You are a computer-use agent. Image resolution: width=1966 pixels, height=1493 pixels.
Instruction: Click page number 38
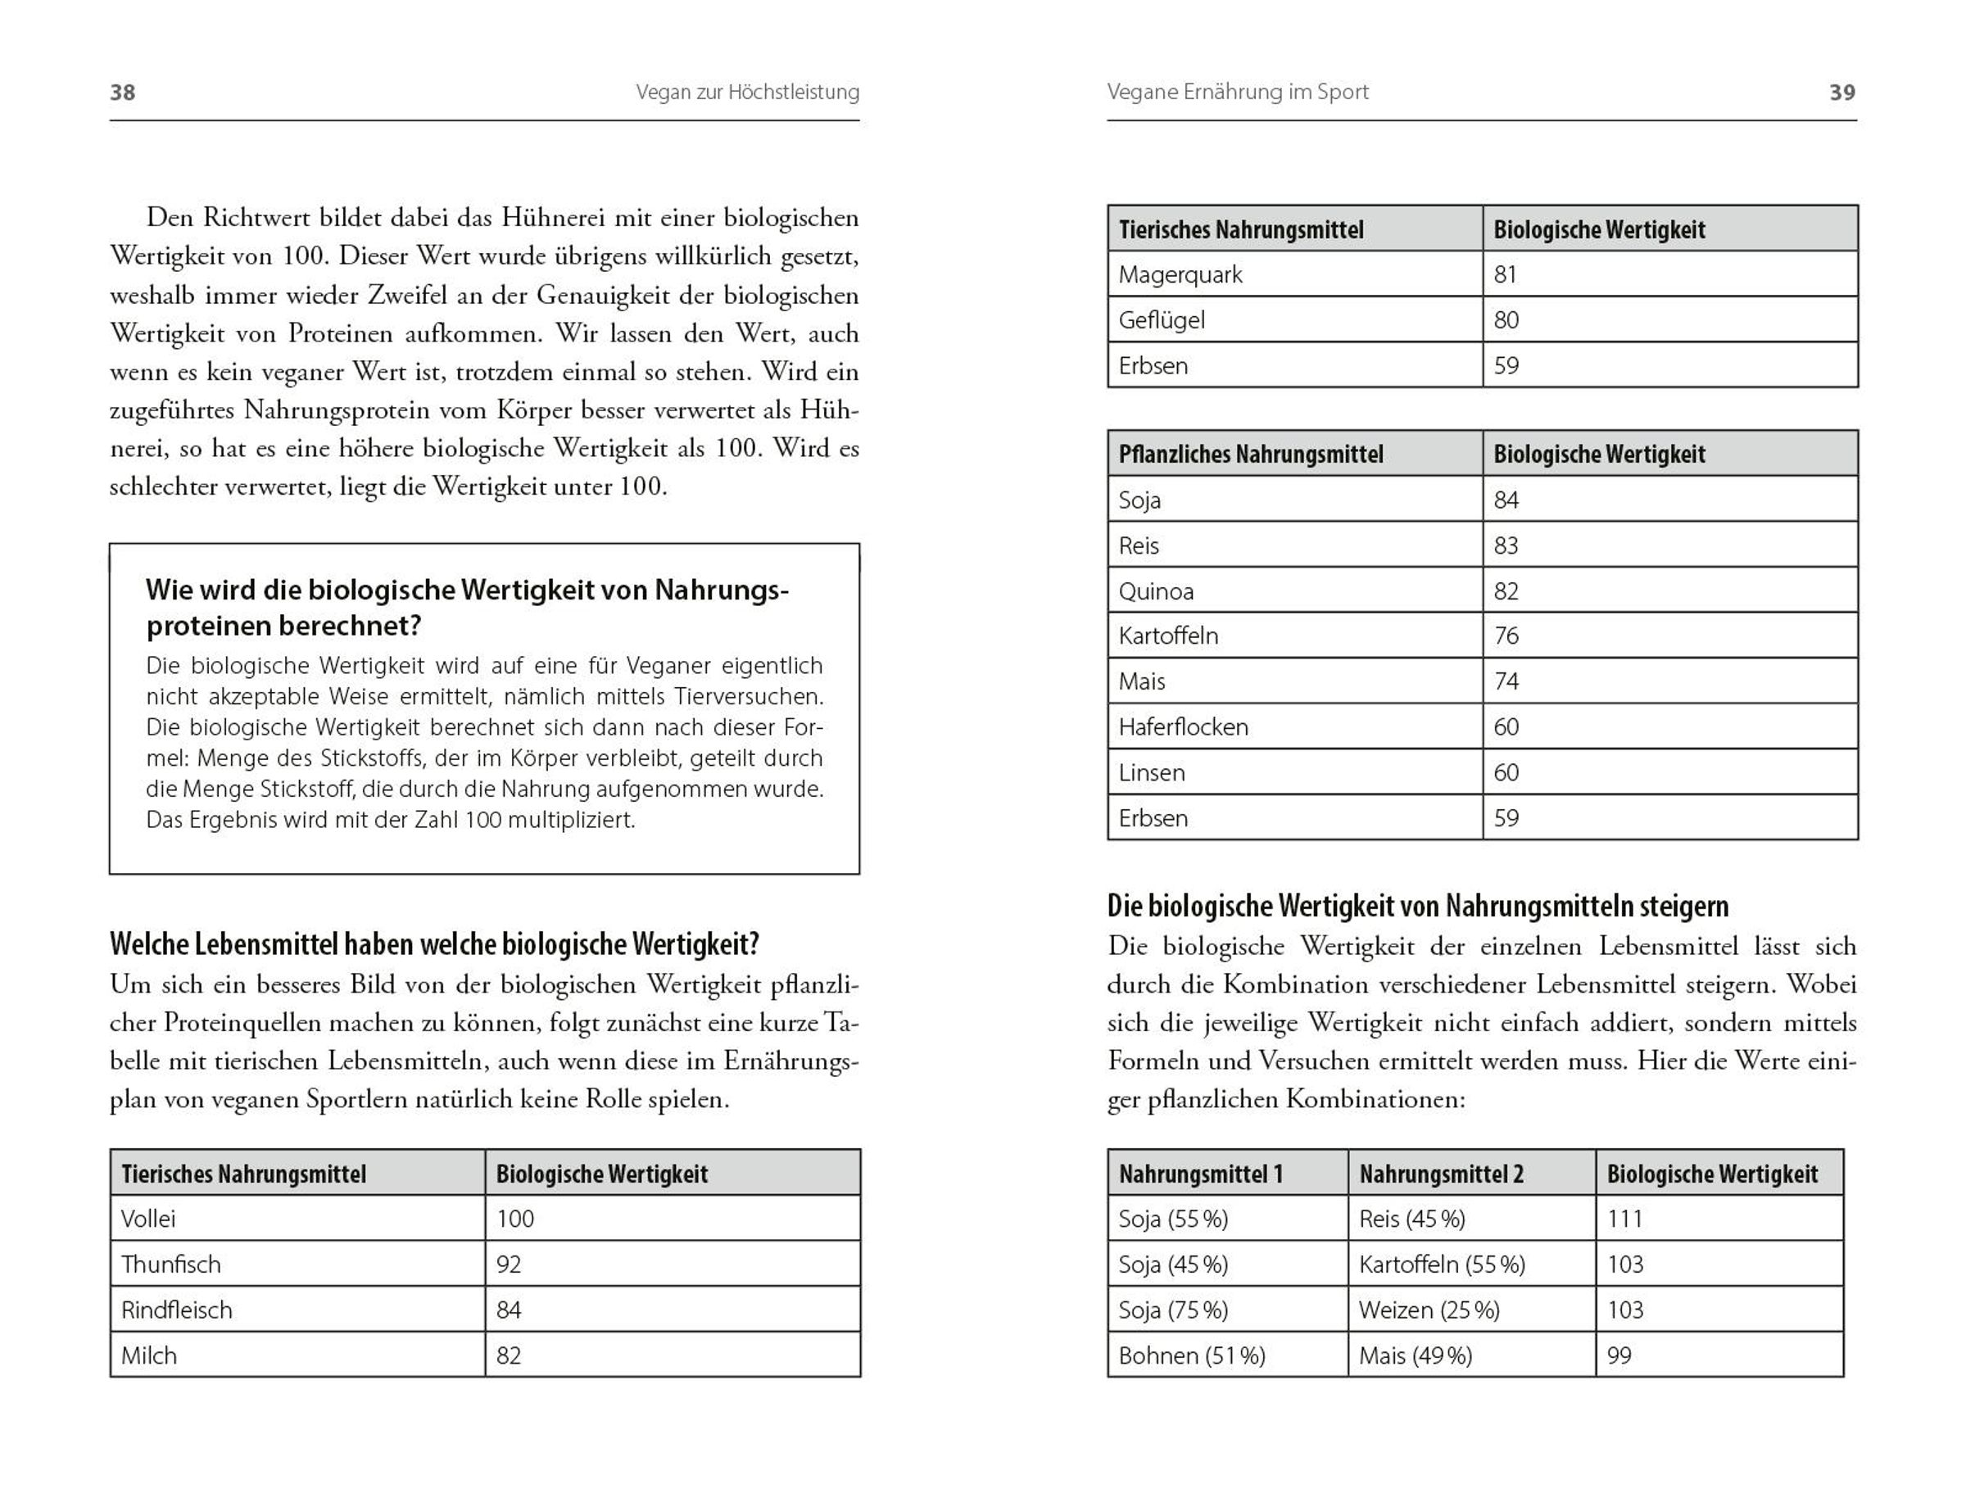pyautogui.click(x=123, y=93)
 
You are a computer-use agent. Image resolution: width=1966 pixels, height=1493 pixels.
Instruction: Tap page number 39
pyautogui.click(x=1842, y=93)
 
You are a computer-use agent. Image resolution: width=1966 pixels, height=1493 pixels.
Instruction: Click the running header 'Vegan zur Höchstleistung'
pyautogui.click(x=747, y=93)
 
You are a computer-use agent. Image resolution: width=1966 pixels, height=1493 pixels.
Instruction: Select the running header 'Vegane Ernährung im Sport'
pyautogui.click(x=1237, y=93)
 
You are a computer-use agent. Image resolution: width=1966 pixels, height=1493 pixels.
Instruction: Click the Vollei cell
pyautogui.click(x=148, y=1219)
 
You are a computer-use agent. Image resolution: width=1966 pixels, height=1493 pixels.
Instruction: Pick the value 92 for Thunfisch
pyautogui.click(x=509, y=1264)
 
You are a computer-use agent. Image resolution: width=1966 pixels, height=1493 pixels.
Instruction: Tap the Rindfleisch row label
pyautogui.click(x=177, y=1310)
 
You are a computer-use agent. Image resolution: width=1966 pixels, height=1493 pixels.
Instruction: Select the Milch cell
pyautogui.click(x=149, y=1355)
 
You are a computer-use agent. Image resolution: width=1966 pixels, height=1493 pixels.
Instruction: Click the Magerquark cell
pyautogui.click(x=1180, y=274)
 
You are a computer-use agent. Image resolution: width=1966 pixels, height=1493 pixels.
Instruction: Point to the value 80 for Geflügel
pyautogui.click(x=1506, y=320)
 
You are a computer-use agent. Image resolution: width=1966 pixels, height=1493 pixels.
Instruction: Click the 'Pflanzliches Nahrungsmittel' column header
pyautogui.click(x=1251, y=455)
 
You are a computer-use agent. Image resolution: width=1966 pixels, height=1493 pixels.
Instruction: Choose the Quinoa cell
pyautogui.click(x=1157, y=591)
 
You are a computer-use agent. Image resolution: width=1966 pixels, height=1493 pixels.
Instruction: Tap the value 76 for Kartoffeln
pyautogui.click(x=1506, y=636)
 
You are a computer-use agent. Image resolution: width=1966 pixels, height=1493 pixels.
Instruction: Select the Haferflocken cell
pyautogui.click(x=1183, y=727)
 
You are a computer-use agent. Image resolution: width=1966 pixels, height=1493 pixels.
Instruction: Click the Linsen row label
pyautogui.click(x=1152, y=772)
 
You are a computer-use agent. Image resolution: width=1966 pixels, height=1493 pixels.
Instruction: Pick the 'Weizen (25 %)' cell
pyautogui.click(x=1429, y=1310)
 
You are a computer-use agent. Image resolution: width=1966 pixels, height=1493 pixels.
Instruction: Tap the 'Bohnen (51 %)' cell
pyautogui.click(x=1192, y=1355)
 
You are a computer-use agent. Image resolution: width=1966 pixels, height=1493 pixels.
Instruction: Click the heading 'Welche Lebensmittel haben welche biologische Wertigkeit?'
pyautogui.click(x=435, y=943)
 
